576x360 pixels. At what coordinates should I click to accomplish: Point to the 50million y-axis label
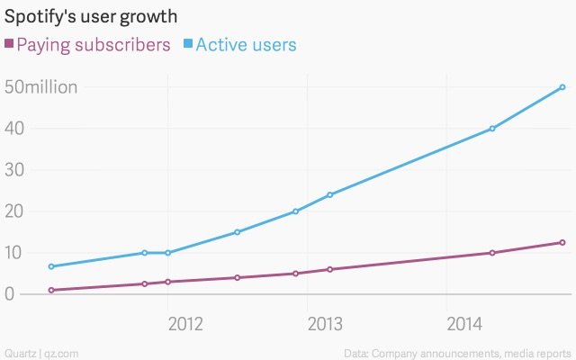pos(41,87)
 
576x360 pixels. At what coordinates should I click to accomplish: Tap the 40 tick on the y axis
pos(13,129)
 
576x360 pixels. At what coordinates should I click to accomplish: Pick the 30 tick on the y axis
pos(13,170)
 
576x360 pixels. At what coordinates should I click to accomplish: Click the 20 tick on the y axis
pos(13,211)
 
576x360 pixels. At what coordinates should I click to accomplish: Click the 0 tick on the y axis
pos(9,294)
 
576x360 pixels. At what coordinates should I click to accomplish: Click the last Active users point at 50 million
pos(562,87)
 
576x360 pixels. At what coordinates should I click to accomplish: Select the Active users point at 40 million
pos(492,129)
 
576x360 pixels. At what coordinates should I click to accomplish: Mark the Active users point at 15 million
pos(237,232)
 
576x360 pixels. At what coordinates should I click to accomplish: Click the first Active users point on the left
pos(51,266)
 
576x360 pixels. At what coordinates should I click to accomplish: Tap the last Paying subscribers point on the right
pos(562,242)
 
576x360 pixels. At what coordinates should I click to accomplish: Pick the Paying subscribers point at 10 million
pos(492,253)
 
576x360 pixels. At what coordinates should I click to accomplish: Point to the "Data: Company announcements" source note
pos(457,351)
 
